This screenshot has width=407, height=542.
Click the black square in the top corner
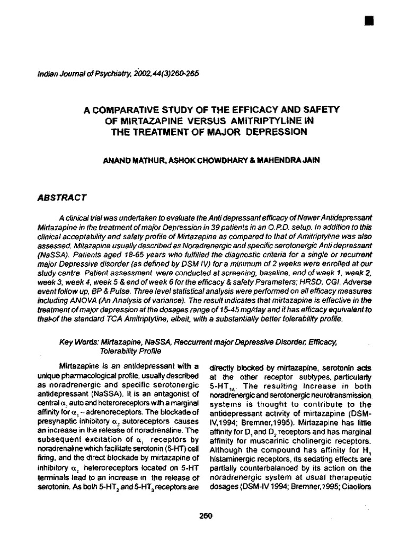pos(369,21)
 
